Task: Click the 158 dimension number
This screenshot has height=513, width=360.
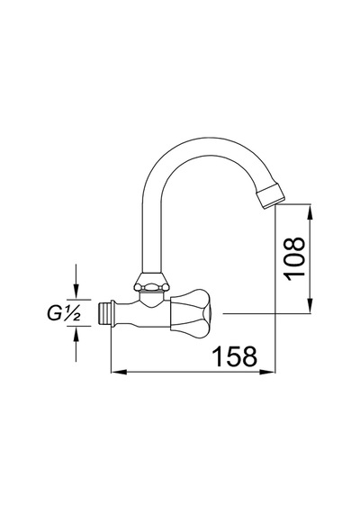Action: pyautogui.click(x=234, y=356)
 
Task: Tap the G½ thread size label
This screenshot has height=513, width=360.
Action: pyautogui.click(x=64, y=314)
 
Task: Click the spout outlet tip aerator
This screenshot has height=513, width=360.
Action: pyautogui.click(x=271, y=195)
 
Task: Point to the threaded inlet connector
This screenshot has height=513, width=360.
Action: pyautogui.click(x=104, y=313)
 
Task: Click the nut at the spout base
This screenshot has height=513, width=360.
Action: pyautogui.click(x=152, y=282)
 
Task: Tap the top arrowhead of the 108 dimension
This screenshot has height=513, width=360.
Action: pyautogui.click(x=310, y=211)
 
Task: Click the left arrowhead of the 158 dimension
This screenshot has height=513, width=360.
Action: pyautogui.click(x=119, y=372)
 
